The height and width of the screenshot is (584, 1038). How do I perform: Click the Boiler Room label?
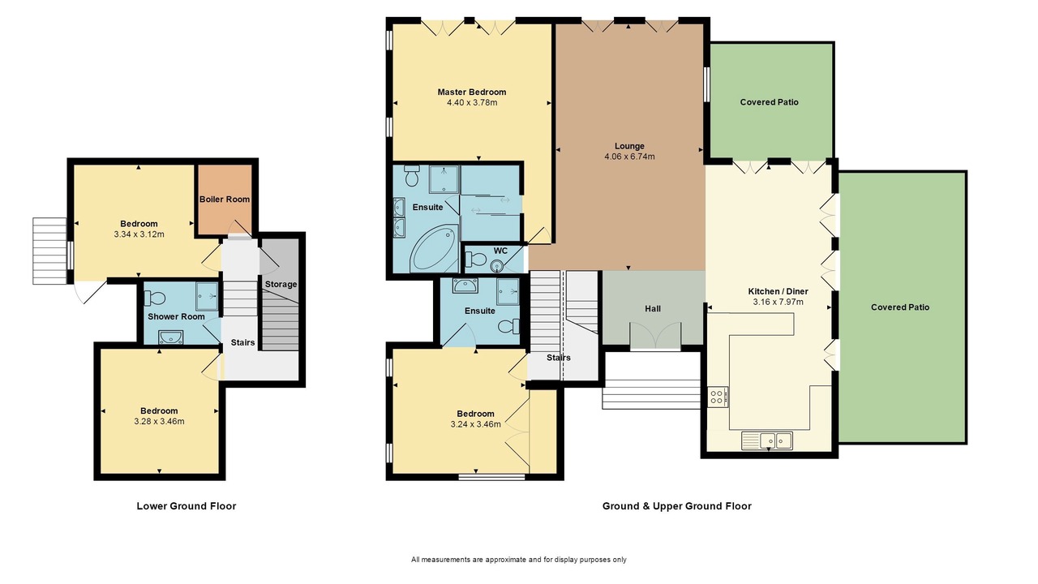(225, 200)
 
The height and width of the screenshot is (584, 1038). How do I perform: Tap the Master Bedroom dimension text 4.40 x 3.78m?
(472, 102)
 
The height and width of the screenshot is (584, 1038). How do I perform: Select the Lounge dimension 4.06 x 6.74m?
(629, 157)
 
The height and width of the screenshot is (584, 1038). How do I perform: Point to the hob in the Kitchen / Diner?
(718, 397)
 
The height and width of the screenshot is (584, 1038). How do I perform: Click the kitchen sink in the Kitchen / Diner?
(767, 440)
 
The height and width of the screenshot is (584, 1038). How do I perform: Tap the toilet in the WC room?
(474, 259)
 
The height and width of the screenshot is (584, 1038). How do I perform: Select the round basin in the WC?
(497, 266)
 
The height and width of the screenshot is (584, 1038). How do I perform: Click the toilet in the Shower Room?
(155, 298)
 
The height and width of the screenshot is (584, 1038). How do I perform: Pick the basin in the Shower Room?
(170, 337)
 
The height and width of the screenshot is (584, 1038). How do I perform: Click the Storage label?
(281, 284)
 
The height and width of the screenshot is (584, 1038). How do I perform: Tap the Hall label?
(653, 309)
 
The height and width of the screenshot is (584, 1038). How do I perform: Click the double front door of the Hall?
(655, 336)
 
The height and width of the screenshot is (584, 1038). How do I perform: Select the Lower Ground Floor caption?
(187, 506)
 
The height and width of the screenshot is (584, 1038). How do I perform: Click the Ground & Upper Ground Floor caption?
(677, 506)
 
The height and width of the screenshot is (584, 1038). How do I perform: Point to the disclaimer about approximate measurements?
(519, 560)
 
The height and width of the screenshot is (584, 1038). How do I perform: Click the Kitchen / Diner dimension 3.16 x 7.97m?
(778, 303)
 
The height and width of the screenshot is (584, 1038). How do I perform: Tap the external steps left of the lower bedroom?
(49, 251)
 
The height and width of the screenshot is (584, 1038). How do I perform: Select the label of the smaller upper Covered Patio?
(770, 102)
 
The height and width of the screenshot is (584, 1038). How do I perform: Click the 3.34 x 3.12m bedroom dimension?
(139, 234)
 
